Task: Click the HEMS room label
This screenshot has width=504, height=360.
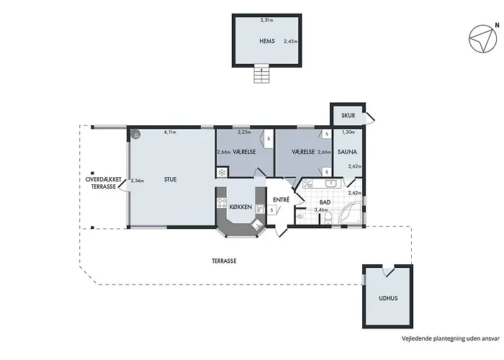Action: pyautogui.click(x=267, y=41)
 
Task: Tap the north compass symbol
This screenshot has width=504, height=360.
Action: pyautogui.click(x=483, y=39)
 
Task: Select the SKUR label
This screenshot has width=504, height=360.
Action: pyautogui.click(x=348, y=115)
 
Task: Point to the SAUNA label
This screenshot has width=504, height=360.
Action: pyautogui.click(x=347, y=152)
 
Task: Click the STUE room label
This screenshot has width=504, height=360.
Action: pyautogui.click(x=170, y=179)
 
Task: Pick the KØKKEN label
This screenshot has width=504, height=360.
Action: pyautogui.click(x=240, y=207)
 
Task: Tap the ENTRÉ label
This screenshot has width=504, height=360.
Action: pyautogui.click(x=282, y=199)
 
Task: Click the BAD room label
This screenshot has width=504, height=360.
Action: pyautogui.click(x=325, y=202)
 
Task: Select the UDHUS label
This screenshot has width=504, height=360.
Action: pyautogui.click(x=388, y=298)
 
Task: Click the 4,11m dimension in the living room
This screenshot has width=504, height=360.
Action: pyautogui.click(x=170, y=132)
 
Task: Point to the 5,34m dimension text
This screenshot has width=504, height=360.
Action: pyautogui.click(x=138, y=181)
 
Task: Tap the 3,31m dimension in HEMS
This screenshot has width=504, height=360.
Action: pyautogui.click(x=266, y=20)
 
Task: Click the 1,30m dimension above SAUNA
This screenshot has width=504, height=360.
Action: pyautogui.click(x=348, y=132)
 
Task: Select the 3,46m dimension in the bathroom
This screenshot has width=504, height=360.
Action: pyautogui.click(x=320, y=210)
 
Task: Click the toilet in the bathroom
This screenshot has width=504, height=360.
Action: pyautogui.click(x=328, y=217)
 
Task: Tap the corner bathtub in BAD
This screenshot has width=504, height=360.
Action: pyautogui.click(x=350, y=212)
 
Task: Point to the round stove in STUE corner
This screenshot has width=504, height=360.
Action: pyautogui.click(x=135, y=134)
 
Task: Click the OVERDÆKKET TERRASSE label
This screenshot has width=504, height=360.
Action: pyautogui.click(x=104, y=183)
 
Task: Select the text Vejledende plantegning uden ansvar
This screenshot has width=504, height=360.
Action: pyautogui.click(x=450, y=338)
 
